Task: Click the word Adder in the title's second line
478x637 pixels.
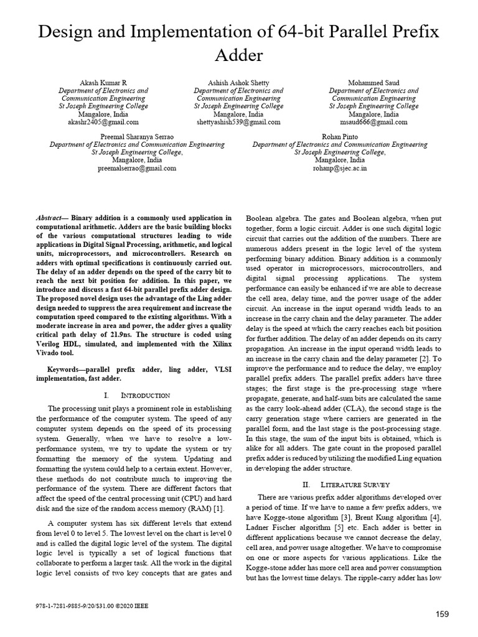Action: tap(238, 56)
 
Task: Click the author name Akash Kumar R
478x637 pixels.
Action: tap(103, 83)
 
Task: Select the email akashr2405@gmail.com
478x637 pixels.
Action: tap(103, 123)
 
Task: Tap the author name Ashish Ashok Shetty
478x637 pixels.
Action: tap(238, 83)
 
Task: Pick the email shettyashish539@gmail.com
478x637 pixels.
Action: tap(238, 123)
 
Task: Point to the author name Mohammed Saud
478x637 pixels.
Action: tap(374, 83)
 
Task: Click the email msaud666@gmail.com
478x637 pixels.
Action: tap(374, 123)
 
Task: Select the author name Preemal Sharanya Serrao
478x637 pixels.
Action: tap(138, 136)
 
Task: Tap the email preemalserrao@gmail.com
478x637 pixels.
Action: tap(138, 168)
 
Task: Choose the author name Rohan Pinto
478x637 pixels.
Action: tap(340, 136)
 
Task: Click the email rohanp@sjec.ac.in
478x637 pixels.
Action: tap(340, 168)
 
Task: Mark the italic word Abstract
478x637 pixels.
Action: tap(51, 218)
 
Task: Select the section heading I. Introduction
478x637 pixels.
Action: tap(136, 395)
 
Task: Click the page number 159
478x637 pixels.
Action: tap(442, 615)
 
